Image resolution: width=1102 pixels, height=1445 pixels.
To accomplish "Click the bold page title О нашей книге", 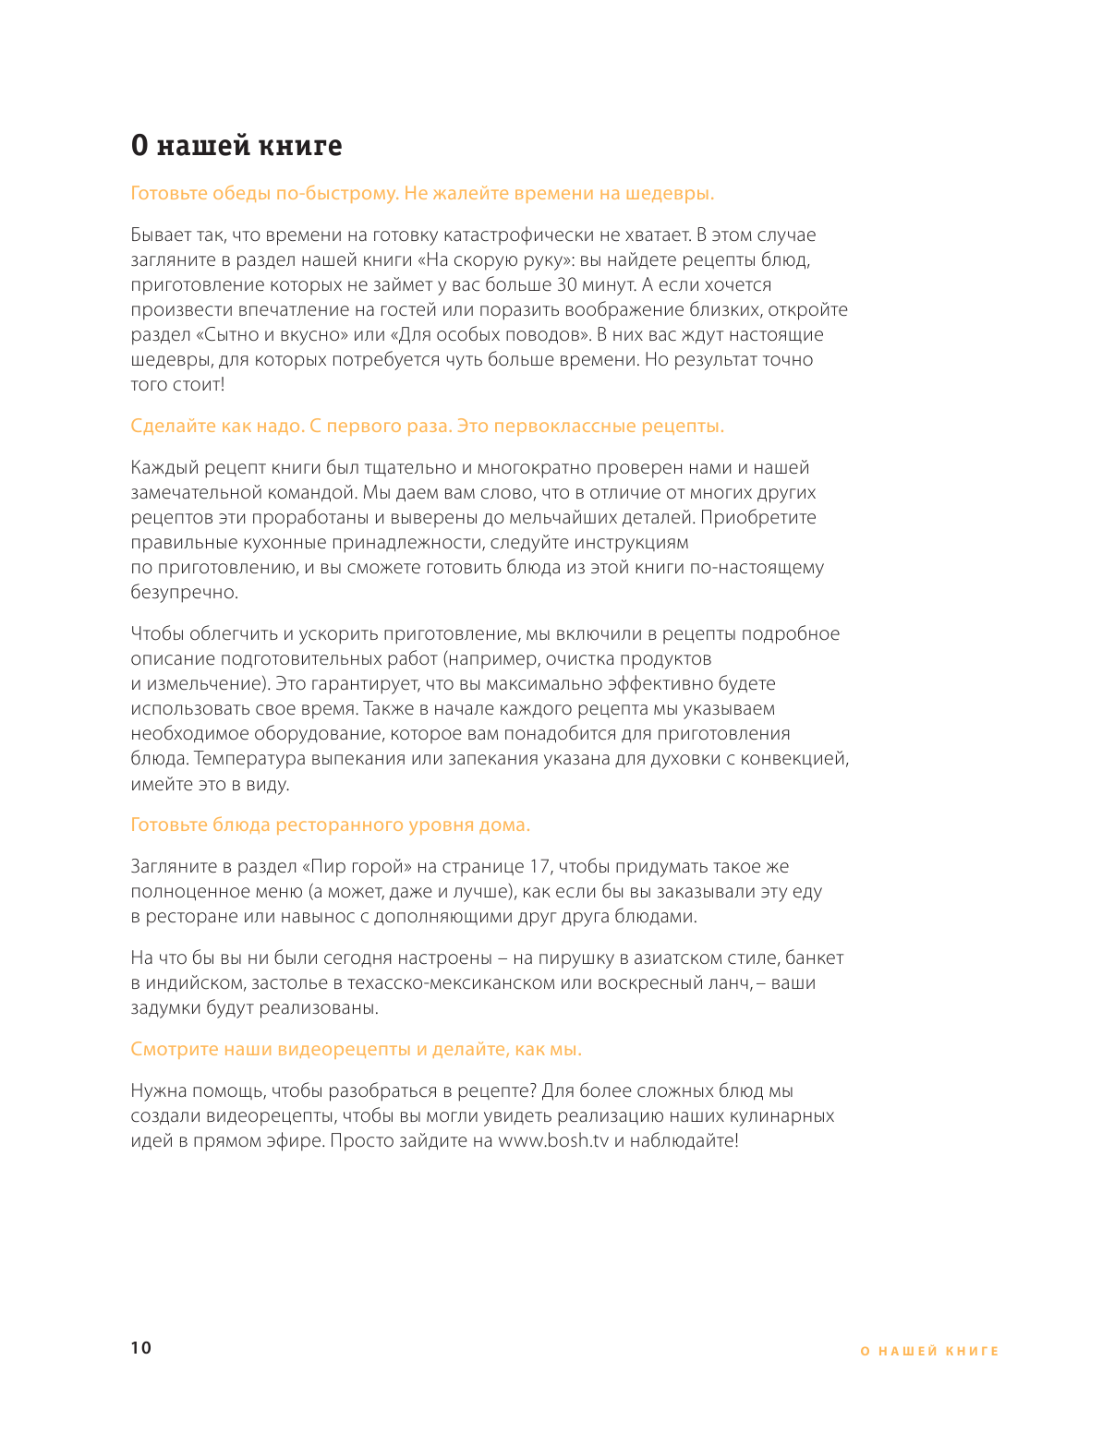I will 236,146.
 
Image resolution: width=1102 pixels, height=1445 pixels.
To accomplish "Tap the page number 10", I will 140,1348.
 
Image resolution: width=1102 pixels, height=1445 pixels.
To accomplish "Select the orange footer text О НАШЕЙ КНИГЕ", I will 929,1351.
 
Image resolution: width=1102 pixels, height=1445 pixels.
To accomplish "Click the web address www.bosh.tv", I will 553,1140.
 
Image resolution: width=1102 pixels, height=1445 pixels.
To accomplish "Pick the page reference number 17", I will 539,867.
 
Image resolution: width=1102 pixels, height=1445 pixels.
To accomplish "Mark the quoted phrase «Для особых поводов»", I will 489,335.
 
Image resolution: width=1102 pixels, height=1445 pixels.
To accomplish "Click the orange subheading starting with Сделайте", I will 427,427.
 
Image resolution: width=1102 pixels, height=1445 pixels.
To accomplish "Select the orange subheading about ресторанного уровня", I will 330,825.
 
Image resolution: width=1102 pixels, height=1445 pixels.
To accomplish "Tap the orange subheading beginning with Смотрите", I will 356,1050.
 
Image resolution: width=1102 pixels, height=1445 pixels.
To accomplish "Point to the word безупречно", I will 184,593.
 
